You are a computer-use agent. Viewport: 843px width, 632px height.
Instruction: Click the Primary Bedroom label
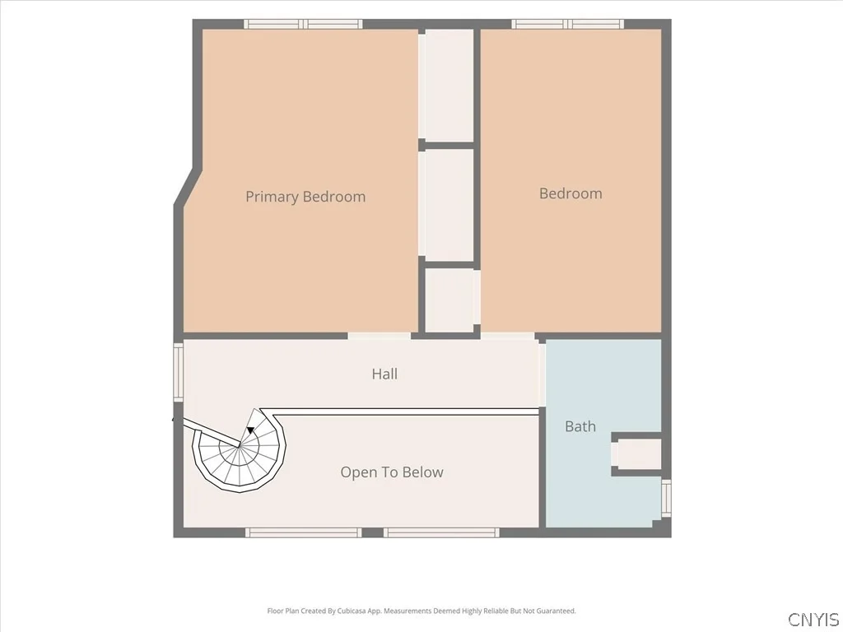pos(305,197)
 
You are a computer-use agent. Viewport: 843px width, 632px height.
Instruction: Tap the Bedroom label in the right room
pos(571,193)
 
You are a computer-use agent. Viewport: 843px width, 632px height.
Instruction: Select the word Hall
pos(384,374)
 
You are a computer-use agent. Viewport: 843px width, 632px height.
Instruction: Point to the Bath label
pos(580,427)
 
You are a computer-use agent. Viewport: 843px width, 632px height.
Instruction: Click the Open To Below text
pos(392,472)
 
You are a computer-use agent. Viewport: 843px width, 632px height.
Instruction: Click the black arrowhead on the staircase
pos(250,430)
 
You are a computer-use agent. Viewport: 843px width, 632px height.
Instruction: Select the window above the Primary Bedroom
pos(303,24)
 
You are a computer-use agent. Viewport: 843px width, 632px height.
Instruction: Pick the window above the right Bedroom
pos(567,24)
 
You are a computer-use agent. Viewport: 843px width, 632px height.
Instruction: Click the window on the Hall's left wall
pos(178,372)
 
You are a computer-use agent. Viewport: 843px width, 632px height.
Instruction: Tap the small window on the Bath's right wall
pos(666,498)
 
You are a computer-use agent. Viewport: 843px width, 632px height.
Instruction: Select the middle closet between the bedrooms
pos(449,205)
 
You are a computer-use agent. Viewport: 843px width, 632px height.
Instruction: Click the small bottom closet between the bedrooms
pos(449,300)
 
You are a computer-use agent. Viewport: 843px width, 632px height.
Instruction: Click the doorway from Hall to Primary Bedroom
pos(379,336)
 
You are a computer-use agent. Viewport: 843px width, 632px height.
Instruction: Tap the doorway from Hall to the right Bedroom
pos(507,336)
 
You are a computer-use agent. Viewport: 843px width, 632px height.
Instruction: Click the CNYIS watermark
pos(813,619)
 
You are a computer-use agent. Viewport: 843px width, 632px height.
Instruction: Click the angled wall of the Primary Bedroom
pos(188,187)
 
